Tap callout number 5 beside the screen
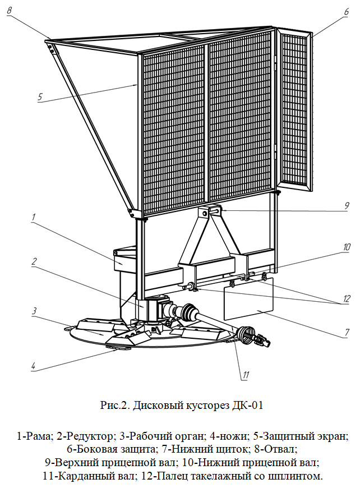(x=40, y=96)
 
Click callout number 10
(x=347, y=246)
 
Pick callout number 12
(x=347, y=298)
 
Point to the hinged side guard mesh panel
(x=294, y=107)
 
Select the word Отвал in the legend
(x=279, y=449)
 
